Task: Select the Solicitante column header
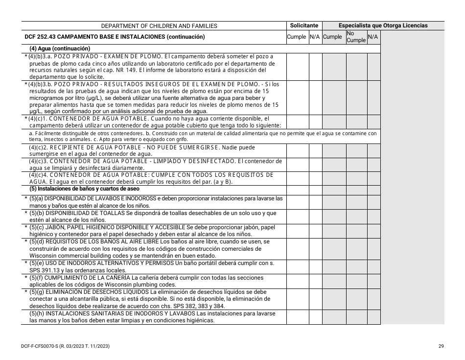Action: (304, 25)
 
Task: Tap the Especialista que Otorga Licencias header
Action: (383, 25)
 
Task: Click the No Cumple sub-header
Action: (356, 37)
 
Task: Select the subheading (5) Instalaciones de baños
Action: (85, 189)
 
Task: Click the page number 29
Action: (441, 347)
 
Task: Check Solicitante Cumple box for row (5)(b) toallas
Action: (297, 216)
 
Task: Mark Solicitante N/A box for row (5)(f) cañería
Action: (315, 281)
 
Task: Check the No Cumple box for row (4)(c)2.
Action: (356, 151)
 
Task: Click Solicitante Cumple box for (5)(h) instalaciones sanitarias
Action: (297, 317)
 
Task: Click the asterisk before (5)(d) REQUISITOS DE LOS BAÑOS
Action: (25, 241)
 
